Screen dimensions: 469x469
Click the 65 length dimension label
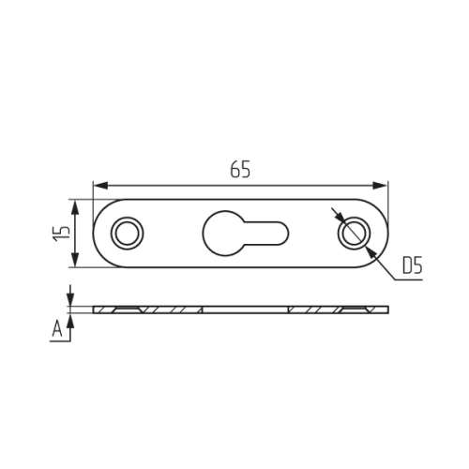click(x=240, y=170)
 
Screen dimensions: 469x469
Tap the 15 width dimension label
click(x=62, y=233)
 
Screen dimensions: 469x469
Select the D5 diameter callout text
click(x=412, y=265)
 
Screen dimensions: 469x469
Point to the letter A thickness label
click(x=57, y=329)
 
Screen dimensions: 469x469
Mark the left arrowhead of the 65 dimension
click(x=100, y=186)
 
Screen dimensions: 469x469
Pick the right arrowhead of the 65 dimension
click(x=380, y=186)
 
